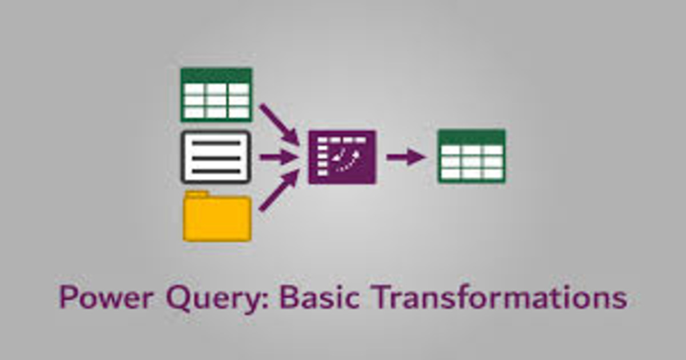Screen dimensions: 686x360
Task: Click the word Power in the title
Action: [106, 297]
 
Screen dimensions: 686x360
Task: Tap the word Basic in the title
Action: [320, 297]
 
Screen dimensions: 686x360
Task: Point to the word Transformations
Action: [500, 297]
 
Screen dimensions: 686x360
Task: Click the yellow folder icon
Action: [217, 216]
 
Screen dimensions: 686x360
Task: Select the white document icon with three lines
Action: [216, 157]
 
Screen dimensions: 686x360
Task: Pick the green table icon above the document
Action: [216, 95]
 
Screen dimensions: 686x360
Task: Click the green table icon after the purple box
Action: [471, 157]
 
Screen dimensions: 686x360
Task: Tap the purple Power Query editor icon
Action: [342, 157]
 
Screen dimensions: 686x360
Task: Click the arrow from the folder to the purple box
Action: [279, 190]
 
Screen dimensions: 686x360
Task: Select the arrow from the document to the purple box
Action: [278, 157]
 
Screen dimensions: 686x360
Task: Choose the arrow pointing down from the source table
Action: [280, 125]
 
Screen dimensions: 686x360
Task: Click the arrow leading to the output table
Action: [406, 157]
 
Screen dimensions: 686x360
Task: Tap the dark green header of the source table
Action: [216, 75]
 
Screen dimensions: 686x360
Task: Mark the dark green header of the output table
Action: [471, 137]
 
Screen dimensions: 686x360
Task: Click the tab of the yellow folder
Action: [197, 194]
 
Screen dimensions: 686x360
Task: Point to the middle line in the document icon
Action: [216, 158]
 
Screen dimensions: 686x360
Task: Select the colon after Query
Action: [265, 298]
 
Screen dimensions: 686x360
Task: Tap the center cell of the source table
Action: [216, 101]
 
